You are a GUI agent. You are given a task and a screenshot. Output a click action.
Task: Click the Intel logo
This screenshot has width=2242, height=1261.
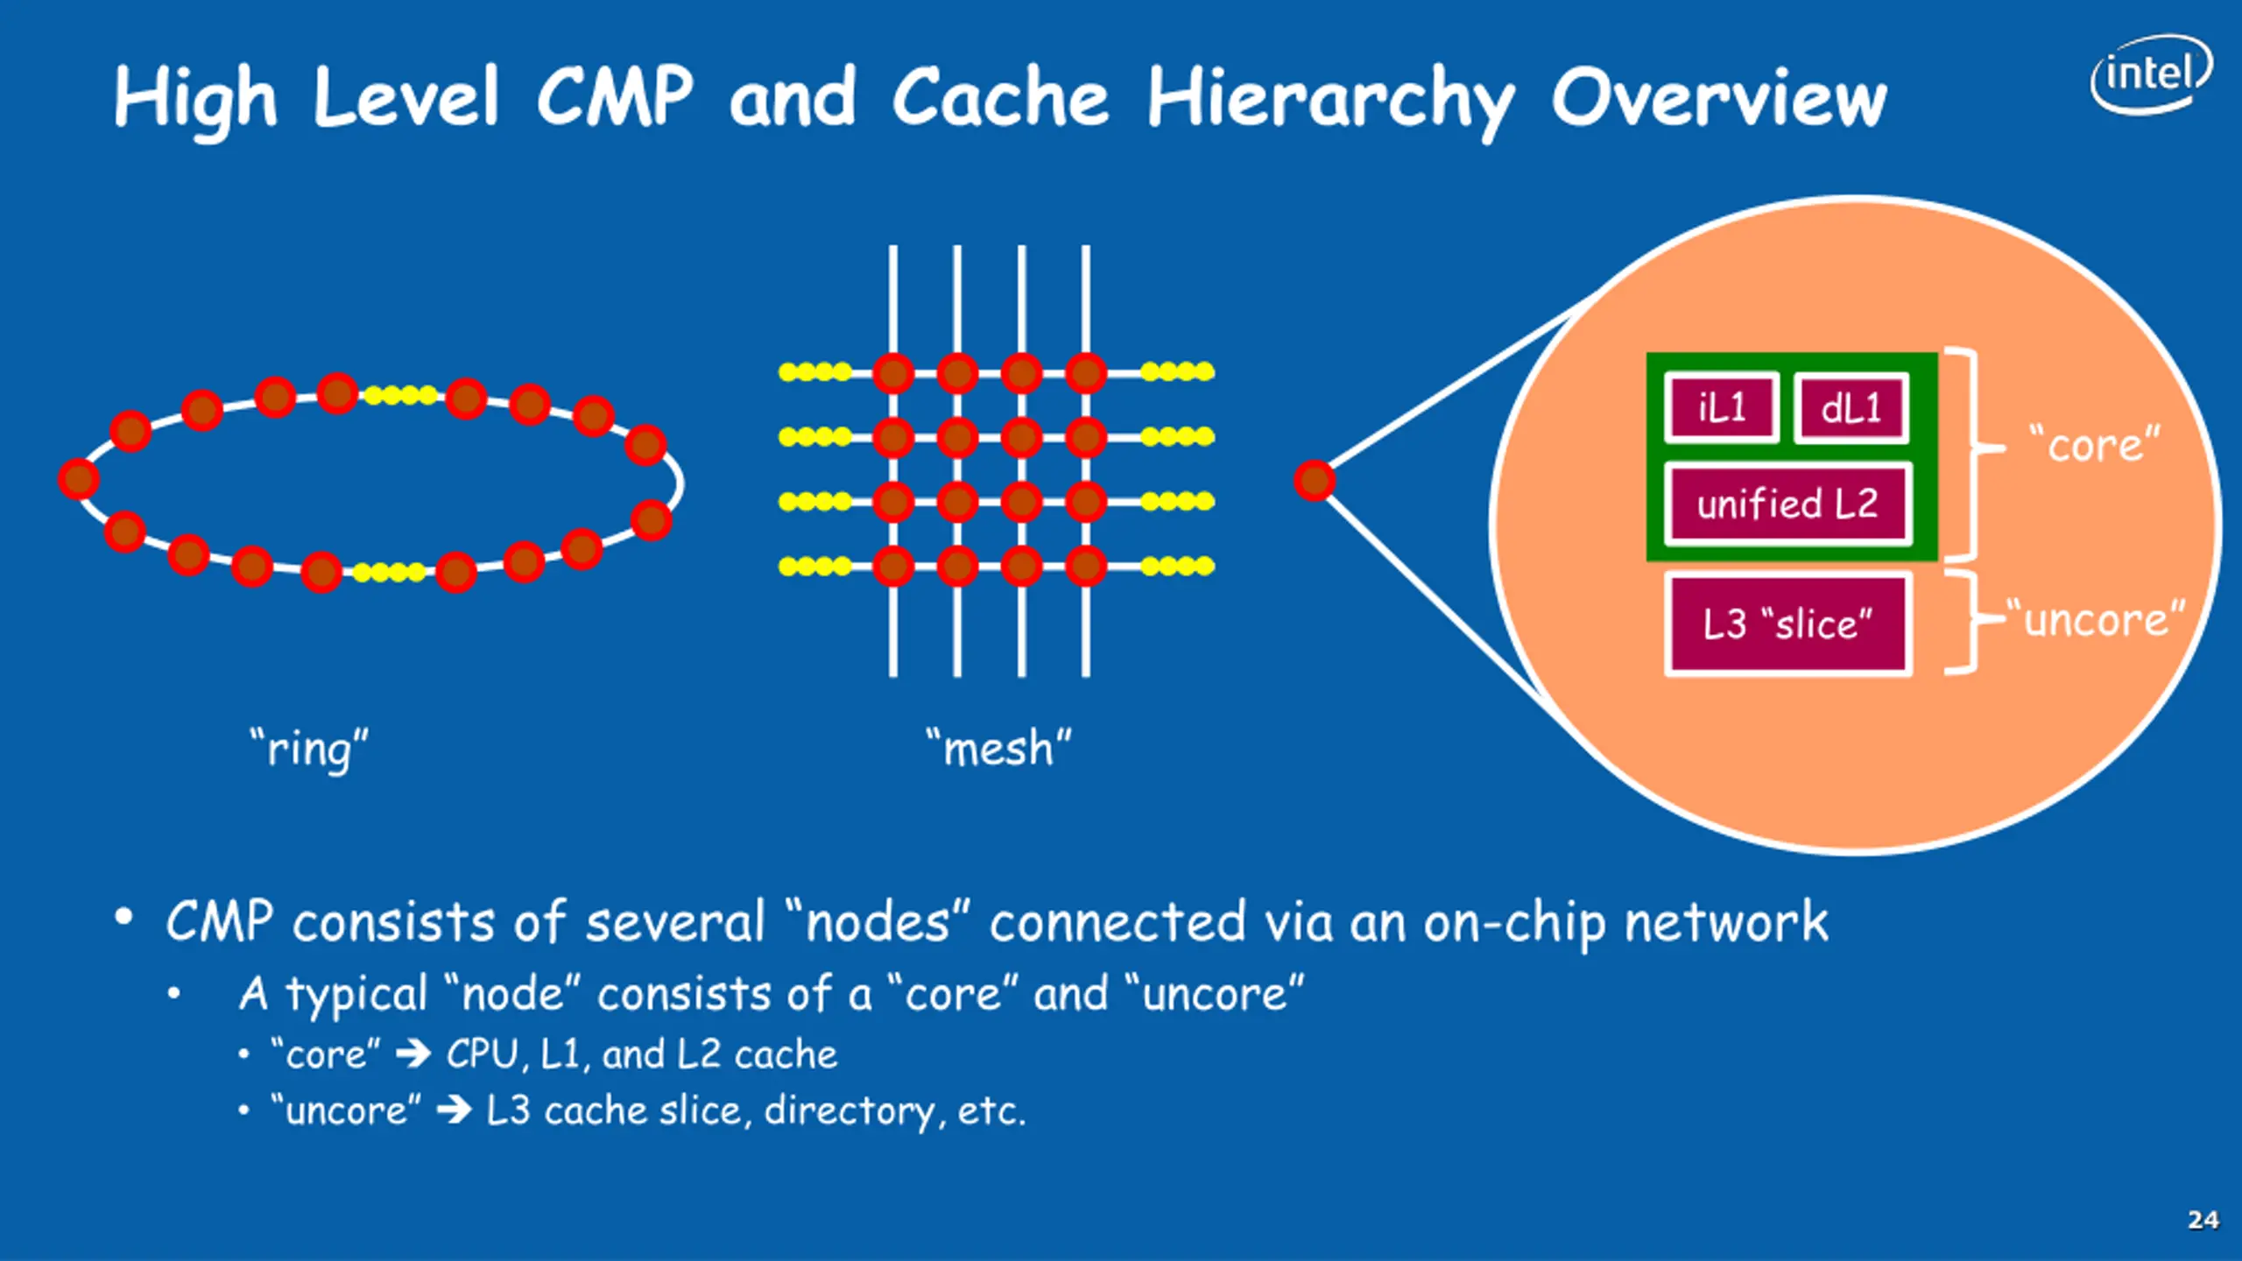pyautogui.click(x=2151, y=74)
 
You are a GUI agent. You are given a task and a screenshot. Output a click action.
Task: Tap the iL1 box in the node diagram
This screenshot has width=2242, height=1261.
pyautogui.click(x=1722, y=408)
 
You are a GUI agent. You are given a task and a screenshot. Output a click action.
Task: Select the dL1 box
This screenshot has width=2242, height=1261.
pyautogui.click(x=1851, y=408)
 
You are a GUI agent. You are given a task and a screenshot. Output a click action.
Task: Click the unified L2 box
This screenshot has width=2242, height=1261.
pyautogui.click(x=1787, y=504)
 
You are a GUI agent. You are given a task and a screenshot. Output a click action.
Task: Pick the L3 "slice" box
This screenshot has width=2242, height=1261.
pyautogui.click(x=1787, y=624)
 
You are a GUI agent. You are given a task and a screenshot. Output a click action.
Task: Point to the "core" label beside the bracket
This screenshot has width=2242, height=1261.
pyautogui.click(x=2096, y=445)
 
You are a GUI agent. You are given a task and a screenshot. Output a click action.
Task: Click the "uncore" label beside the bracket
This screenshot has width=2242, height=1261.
pyautogui.click(x=2096, y=619)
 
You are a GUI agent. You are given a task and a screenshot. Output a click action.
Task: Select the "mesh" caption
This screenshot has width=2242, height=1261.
pyautogui.click(x=999, y=749)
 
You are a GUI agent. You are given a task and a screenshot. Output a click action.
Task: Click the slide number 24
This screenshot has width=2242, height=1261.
pyautogui.click(x=2203, y=1220)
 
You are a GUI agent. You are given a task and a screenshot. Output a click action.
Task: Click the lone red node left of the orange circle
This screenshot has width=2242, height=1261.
pyautogui.click(x=1315, y=481)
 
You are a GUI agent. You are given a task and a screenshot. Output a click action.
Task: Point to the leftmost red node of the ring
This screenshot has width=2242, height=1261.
pyautogui.click(x=79, y=479)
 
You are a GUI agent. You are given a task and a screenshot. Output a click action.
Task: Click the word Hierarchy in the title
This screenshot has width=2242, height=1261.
pyautogui.click(x=1331, y=99)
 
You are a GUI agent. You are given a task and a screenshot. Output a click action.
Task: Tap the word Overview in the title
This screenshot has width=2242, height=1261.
pyautogui.click(x=1719, y=98)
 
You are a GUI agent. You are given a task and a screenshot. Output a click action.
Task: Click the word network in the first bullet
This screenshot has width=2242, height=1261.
pyautogui.click(x=1726, y=922)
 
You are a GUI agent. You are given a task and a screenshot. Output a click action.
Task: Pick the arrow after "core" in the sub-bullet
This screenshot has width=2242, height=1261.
pyautogui.click(x=413, y=1054)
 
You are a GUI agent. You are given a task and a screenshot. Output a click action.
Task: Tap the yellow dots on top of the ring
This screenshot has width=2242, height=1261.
pyautogui.click(x=400, y=396)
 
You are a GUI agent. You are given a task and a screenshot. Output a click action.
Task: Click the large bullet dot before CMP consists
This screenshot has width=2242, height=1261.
pyautogui.click(x=123, y=918)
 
